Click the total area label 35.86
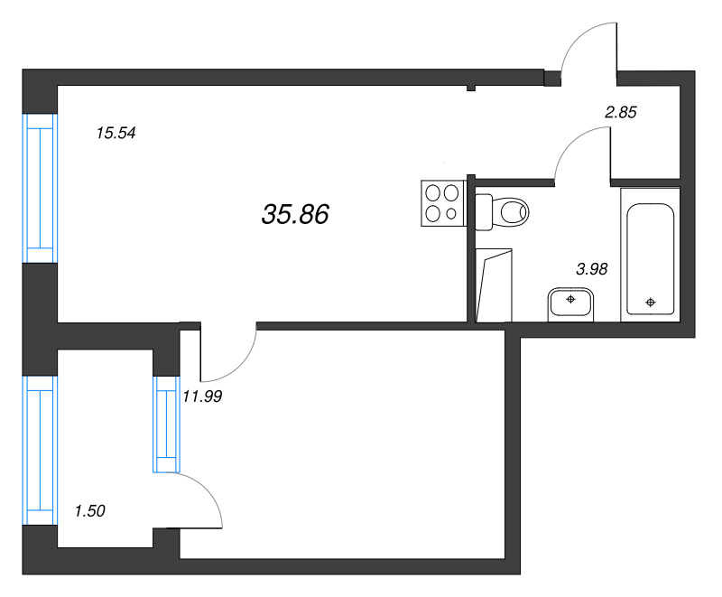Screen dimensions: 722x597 pos(295,214)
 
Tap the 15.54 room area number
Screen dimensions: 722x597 pos(116,133)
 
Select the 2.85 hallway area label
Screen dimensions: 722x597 pos(621,112)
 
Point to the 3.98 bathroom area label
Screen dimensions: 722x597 pos(592,268)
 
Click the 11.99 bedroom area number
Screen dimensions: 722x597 pos(202,396)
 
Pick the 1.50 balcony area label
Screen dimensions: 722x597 pos(89,510)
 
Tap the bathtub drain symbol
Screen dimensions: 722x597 pos(650,303)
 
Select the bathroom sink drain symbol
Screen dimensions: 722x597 pos(570,300)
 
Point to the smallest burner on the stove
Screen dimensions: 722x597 pos(451,214)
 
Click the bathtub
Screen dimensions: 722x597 pos(650,255)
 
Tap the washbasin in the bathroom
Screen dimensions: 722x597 pos(570,304)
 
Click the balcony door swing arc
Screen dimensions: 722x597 pos(208,490)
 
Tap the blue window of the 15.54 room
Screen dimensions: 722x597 pos(40,188)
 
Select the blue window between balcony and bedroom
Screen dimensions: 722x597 pos(166,424)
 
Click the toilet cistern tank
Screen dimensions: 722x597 pos(484,212)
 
